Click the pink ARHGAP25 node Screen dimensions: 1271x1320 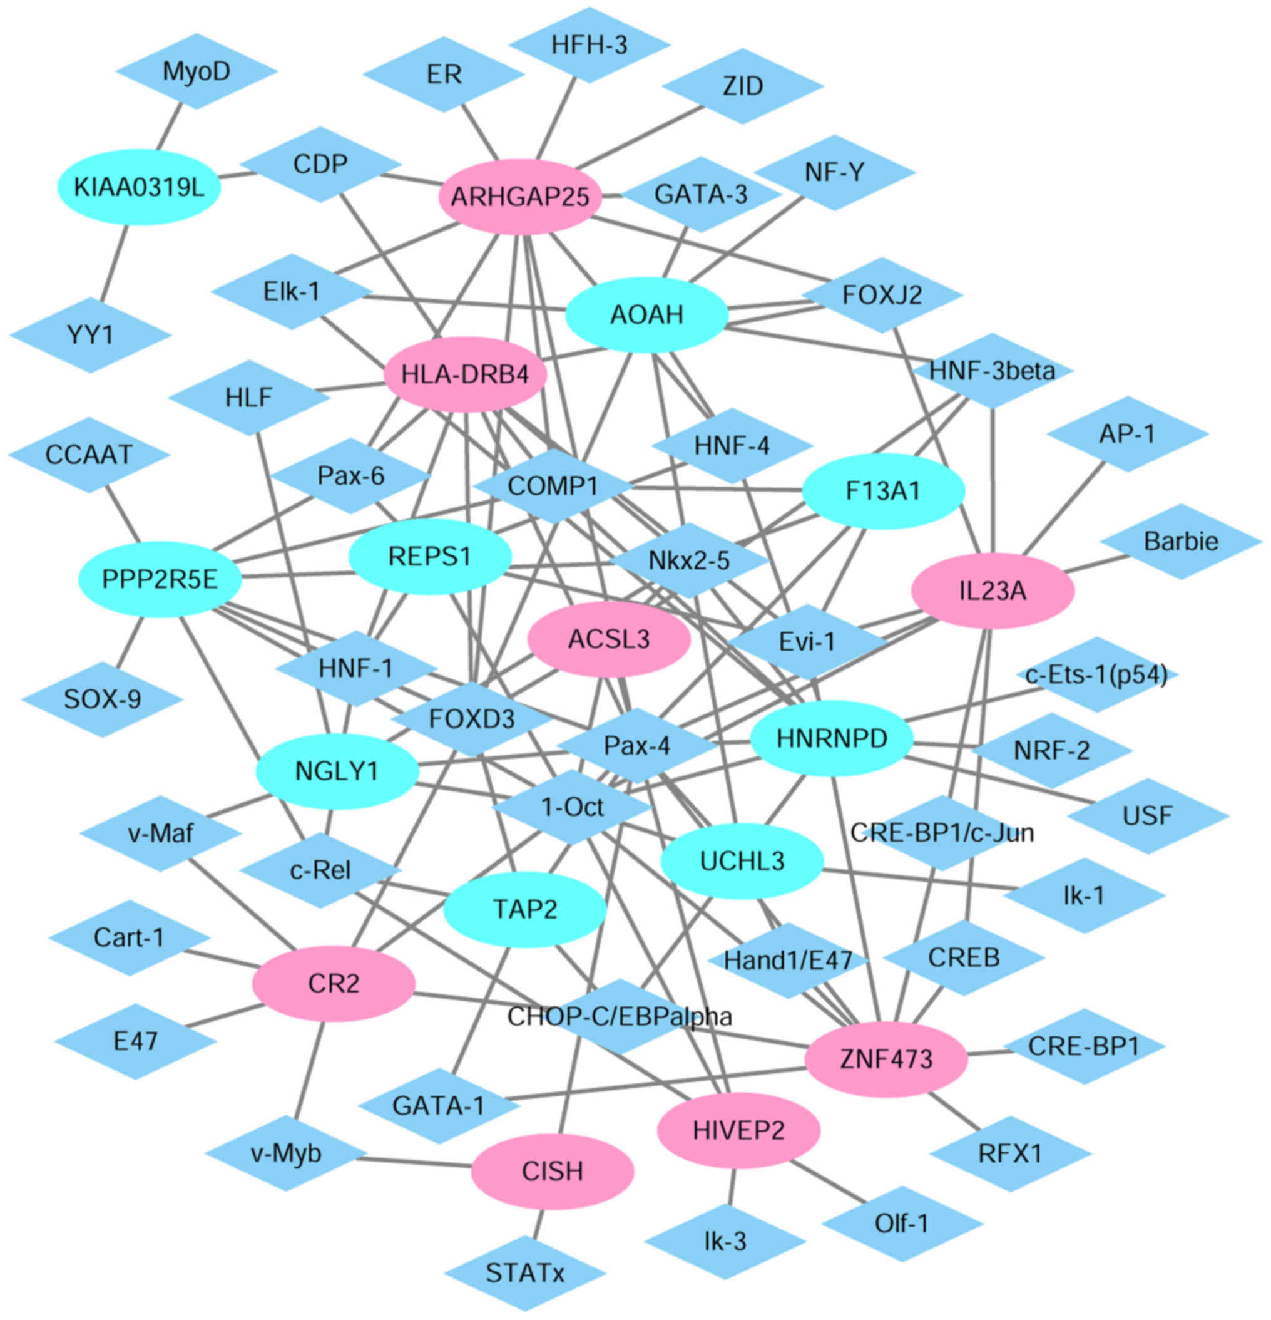pos(519,197)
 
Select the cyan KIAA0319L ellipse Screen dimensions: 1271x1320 pos(140,187)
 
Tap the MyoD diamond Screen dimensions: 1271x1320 pos(197,71)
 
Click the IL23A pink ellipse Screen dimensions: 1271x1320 pos(993,590)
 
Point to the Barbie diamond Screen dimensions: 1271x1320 pos(1181,541)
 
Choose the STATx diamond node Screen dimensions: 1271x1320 pos(525,1273)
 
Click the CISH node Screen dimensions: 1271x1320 pos(552,1171)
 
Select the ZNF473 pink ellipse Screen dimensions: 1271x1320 pos(886,1059)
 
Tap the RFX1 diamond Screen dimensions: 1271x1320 pos(1010,1153)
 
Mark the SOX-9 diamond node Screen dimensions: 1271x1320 pos(103,699)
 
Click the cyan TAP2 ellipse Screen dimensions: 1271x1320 pos(525,909)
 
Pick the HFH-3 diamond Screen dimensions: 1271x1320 pos(589,45)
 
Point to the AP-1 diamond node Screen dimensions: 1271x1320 pos(1127,434)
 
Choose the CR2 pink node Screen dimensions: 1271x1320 pos(333,983)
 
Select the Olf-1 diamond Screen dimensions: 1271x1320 pos(901,1223)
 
